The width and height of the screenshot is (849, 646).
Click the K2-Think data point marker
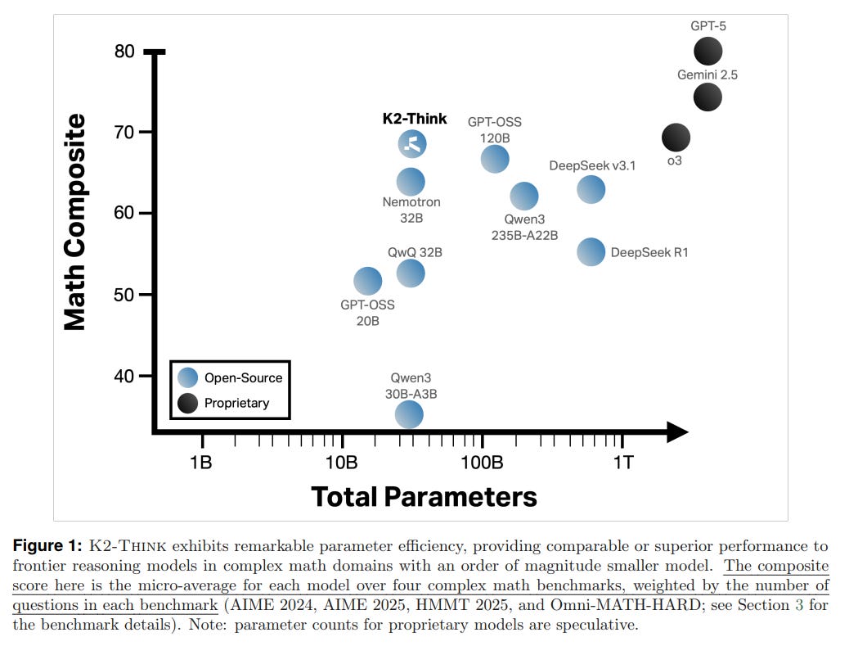click(412, 144)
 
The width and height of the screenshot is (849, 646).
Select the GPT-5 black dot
click(707, 52)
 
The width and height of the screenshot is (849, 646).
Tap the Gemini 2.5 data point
click(707, 97)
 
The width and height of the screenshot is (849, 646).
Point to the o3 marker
click(675, 138)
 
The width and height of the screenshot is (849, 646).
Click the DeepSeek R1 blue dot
click(591, 252)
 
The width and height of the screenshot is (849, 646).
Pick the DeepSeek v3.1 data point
click(591, 189)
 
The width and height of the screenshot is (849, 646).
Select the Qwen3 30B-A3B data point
click(409, 415)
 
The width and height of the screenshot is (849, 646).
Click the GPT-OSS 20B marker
click(367, 281)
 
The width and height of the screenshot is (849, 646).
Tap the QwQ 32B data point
click(411, 273)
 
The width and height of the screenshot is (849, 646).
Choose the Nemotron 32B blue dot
click(411, 182)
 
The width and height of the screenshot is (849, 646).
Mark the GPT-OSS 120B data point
click(494, 159)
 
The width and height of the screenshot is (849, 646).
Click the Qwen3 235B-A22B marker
click(524, 197)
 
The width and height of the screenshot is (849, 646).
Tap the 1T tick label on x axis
click(622, 462)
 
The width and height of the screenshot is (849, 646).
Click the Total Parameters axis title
click(424, 496)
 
